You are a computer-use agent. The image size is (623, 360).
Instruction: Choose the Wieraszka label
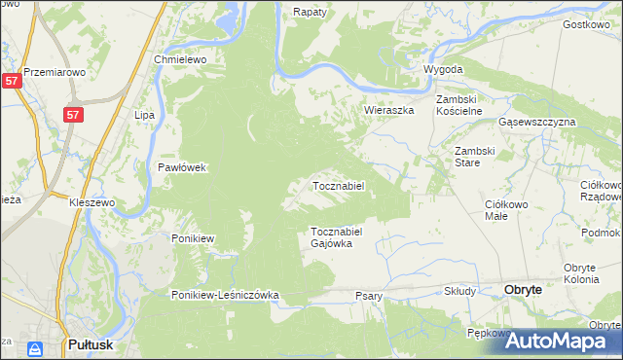coord(389,111)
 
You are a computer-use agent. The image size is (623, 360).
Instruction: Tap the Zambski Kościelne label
coord(459,106)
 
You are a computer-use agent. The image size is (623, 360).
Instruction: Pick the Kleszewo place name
coord(92,202)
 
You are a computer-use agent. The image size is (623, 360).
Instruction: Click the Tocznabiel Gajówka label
coord(337,237)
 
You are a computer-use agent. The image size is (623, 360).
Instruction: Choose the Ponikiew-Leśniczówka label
coord(226,295)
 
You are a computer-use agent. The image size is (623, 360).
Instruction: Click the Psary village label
coord(368,296)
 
